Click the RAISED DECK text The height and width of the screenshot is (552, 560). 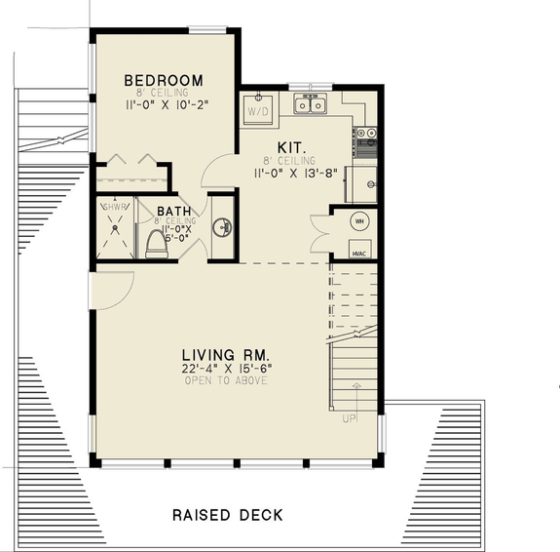coord(227,514)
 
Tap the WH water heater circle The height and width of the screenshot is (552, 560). coord(357,220)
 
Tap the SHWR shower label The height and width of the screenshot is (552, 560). coord(115,207)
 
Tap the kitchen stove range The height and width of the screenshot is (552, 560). coord(366,142)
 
